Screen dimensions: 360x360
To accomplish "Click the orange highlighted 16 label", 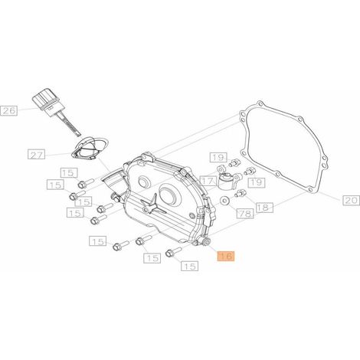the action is pyautogui.click(x=226, y=256).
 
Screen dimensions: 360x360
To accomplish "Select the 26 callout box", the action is pyautogui.click(x=9, y=111).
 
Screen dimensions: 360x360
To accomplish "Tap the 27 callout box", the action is pyautogui.click(x=36, y=155).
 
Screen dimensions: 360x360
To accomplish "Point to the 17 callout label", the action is pyautogui.click(x=208, y=181).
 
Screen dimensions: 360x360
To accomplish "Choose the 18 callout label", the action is pyautogui.click(x=264, y=208).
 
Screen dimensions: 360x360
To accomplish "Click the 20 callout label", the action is pyautogui.click(x=351, y=200).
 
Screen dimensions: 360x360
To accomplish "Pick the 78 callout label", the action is pyautogui.click(x=245, y=214).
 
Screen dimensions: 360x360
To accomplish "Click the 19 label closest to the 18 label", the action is pyautogui.click(x=257, y=182).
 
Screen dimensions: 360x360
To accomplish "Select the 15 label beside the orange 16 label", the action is pyautogui.click(x=190, y=266).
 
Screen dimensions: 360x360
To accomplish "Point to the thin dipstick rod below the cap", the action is pyautogui.click(x=70, y=123).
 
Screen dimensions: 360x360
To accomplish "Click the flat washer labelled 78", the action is pyautogui.click(x=225, y=201).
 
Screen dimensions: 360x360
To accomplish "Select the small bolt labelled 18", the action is pyautogui.click(x=241, y=193).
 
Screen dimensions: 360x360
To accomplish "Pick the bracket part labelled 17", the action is pyautogui.click(x=229, y=178).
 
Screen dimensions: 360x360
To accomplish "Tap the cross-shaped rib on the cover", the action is pyautogui.click(x=152, y=205).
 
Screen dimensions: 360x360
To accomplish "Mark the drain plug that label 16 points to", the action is pyautogui.click(x=205, y=241).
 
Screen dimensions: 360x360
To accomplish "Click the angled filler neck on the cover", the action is pyautogui.click(x=113, y=182).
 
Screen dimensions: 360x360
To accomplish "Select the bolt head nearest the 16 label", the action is pyautogui.click(x=169, y=254).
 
